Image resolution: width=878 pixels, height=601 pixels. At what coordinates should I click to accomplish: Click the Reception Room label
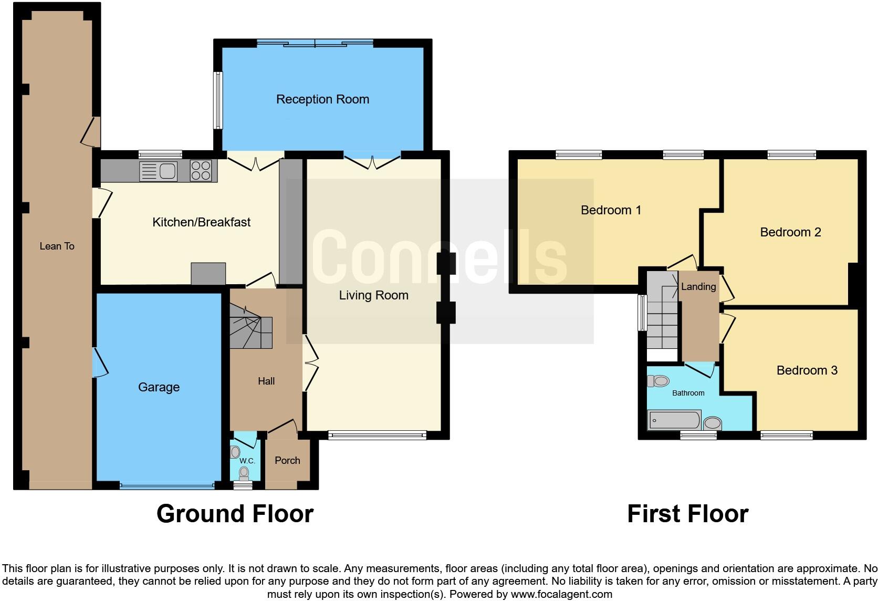click(x=322, y=99)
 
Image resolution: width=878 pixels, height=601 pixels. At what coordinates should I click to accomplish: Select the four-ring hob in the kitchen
click(x=201, y=171)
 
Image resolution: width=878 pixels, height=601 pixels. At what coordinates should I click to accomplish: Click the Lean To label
click(x=57, y=246)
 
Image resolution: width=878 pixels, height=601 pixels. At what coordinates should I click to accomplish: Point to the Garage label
click(x=159, y=387)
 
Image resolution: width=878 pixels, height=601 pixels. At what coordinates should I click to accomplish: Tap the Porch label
click(x=287, y=460)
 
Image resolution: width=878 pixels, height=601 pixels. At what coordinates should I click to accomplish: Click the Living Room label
click(x=373, y=295)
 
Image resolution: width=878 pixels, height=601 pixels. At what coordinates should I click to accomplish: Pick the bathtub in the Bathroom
click(x=674, y=420)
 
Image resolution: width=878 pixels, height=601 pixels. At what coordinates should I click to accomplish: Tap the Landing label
click(x=698, y=286)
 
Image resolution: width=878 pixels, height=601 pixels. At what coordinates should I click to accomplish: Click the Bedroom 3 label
click(x=807, y=370)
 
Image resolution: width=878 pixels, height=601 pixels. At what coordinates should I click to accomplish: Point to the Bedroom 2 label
click(x=790, y=232)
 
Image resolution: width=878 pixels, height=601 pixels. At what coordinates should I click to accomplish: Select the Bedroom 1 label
click(x=611, y=210)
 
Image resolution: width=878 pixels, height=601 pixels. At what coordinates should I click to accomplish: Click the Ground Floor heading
click(x=235, y=513)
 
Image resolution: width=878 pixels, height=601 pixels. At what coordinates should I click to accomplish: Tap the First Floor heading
click(x=687, y=513)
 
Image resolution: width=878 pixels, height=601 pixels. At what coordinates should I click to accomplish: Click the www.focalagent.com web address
click(x=561, y=594)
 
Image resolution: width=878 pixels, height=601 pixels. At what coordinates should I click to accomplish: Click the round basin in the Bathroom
click(x=712, y=423)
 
